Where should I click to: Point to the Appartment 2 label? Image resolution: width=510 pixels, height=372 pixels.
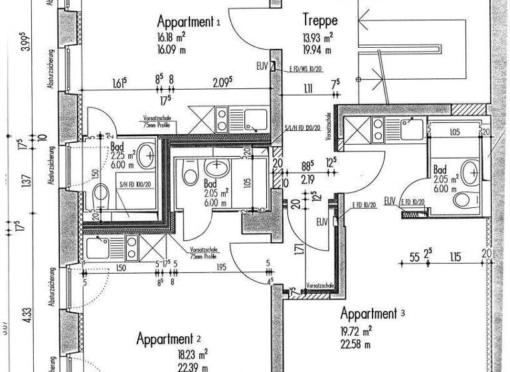point(170,339)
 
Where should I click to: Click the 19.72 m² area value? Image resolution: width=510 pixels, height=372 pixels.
point(357,330)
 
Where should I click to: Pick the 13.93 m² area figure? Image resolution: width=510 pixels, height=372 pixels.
point(317,37)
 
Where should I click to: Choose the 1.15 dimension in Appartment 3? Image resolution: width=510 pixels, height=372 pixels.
point(454,256)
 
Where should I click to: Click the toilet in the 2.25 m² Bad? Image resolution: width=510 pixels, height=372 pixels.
point(101,194)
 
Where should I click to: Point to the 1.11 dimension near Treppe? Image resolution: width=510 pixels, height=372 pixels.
point(307,89)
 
